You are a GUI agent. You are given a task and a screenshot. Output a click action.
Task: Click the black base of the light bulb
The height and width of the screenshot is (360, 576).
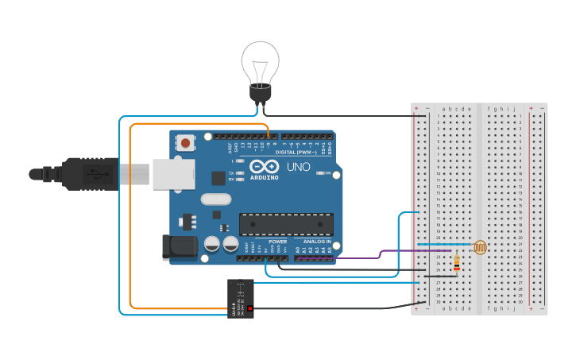pos(261,95)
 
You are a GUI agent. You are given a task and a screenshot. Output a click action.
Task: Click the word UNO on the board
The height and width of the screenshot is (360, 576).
pos(298,168)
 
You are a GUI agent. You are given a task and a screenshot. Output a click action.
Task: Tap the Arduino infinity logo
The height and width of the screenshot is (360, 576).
pos(263,167)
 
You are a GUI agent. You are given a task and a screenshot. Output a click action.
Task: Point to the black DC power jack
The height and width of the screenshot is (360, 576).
pos(178,247)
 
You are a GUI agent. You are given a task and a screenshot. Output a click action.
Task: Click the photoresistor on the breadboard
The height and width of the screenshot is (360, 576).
pos(480,248)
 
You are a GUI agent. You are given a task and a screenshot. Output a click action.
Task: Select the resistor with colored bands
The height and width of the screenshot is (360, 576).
pos(456,261)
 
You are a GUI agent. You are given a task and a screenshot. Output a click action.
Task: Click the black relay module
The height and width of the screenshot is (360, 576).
pos(241,298)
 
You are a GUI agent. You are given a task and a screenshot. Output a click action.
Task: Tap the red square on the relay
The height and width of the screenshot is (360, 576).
pos(249,308)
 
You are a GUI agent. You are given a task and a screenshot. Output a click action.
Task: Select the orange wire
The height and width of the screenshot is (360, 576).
pos(131,223)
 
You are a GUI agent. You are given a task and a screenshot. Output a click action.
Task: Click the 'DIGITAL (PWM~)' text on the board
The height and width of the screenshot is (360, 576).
pos(296,152)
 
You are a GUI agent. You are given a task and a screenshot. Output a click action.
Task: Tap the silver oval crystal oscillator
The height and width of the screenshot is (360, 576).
pos(215,199)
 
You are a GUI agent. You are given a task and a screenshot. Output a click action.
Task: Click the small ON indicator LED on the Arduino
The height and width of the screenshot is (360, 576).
pos(321,172)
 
